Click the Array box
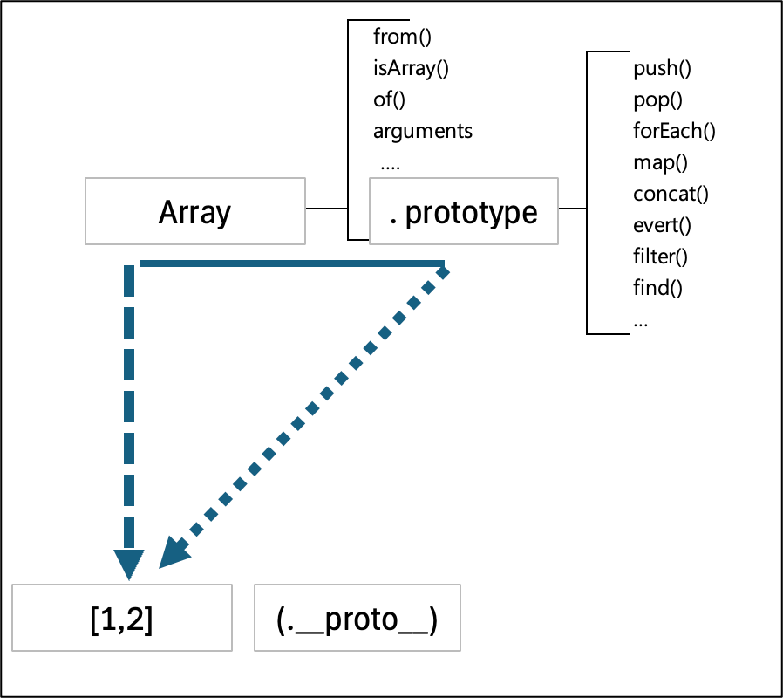click(195, 211)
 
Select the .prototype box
click(463, 211)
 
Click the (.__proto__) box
click(357, 618)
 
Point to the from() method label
click(403, 37)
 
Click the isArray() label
click(411, 68)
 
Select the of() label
click(390, 99)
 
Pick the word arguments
click(423, 131)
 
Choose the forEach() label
click(674, 131)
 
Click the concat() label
click(671, 193)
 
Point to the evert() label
click(662, 224)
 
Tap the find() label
click(657, 287)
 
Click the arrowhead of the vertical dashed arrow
click(129, 563)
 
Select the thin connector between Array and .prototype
click(325, 209)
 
